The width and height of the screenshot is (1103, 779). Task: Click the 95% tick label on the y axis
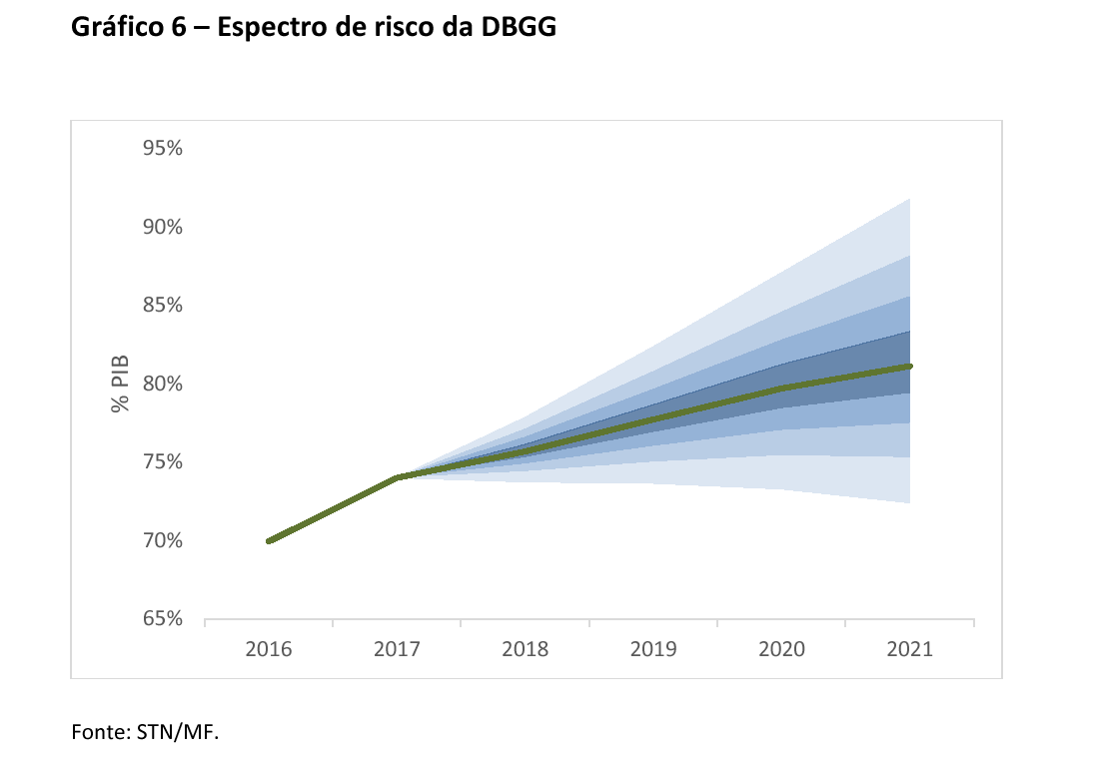tap(161, 149)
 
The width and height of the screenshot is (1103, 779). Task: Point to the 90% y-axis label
tap(161, 227)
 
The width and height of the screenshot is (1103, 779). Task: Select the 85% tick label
tap(161, 306)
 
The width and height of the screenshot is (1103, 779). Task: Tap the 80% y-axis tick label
tap(161, 384)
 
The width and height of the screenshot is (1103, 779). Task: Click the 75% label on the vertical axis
tap(161, 462)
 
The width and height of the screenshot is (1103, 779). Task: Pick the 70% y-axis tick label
tap(161, 541)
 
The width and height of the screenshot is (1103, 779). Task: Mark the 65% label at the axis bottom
tap(161, 619)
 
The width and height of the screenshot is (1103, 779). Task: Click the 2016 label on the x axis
tap(268, 649)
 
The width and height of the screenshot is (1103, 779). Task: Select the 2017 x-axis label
tap(397, 649)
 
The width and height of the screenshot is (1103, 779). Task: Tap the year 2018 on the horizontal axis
tap(525, 649)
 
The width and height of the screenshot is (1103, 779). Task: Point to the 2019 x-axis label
tap(653, 649)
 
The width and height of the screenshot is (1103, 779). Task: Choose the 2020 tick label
tap(781, 649)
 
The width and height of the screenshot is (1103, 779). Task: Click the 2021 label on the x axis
tap(909, 649)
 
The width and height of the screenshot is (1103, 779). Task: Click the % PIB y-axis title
tap(121, 384)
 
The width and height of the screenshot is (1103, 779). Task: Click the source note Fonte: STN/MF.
tap(144, 732)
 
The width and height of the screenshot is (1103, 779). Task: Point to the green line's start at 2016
tap(269, 541)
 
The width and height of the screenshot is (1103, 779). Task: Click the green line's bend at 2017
tap(398, 477)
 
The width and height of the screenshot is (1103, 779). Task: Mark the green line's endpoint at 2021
tap(909, 367)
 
